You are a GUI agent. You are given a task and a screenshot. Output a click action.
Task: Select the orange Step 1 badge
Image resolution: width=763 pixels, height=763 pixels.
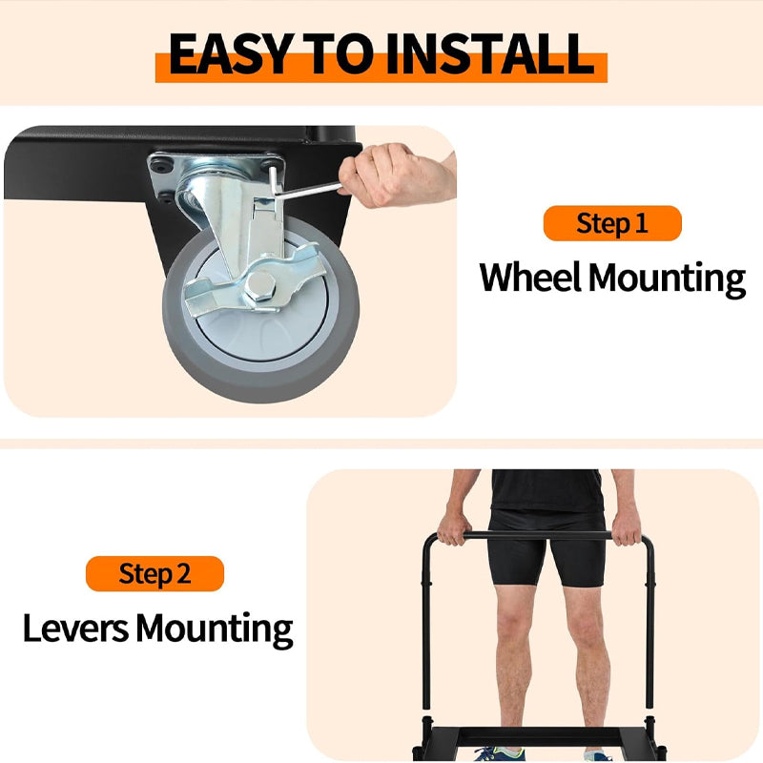[612, 223]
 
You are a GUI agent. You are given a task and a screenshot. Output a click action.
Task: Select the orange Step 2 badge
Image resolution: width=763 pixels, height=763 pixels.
[155, 573]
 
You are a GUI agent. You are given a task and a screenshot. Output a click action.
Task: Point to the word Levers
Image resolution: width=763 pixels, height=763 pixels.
[74, 629]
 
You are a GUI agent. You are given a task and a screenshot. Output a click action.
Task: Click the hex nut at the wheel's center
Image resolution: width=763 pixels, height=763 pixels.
[260, 285]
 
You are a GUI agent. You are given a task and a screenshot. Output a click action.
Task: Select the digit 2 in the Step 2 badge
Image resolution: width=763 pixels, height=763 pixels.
[182, 573]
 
